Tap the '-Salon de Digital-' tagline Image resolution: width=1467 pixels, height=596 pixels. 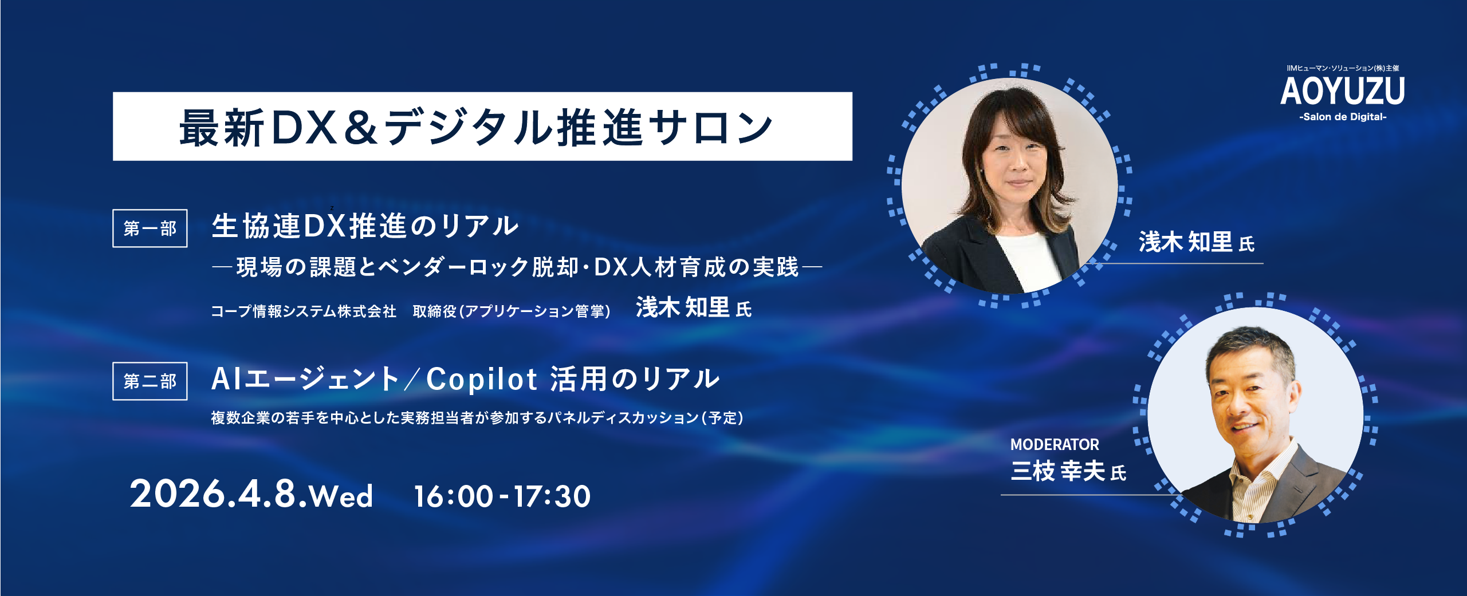1343,117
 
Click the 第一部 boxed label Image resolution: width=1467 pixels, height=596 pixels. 150,228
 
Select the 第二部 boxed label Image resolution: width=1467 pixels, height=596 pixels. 150,381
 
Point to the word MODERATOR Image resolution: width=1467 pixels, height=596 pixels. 1055,444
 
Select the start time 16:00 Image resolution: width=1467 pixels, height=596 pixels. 453,496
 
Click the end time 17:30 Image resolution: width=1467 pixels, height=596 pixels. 552,496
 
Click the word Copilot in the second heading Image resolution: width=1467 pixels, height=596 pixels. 482,379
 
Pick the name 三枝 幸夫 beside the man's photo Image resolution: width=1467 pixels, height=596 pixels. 1058,471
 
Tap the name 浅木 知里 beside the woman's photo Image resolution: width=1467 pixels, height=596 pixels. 1186,242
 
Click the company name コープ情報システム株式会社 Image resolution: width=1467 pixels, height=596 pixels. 304,311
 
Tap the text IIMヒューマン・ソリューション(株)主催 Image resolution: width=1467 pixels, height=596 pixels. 1343,68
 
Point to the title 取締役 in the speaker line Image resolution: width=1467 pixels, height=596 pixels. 435,311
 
